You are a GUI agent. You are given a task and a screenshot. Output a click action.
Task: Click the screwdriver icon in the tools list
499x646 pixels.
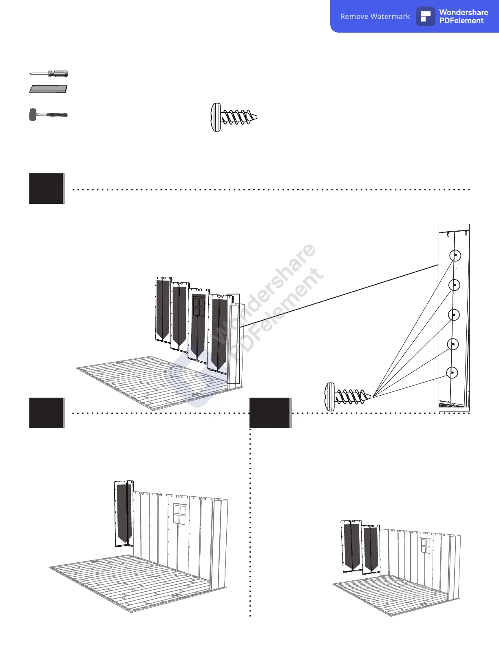pos(49,74)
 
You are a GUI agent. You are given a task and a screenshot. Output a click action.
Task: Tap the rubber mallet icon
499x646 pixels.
pos(48,115)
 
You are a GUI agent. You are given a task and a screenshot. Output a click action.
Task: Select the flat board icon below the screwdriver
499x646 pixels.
pos(48,88)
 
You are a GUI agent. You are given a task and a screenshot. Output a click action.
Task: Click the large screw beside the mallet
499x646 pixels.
pos(234,117)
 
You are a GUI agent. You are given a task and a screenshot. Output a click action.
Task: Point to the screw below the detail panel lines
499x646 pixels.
pos(348,396)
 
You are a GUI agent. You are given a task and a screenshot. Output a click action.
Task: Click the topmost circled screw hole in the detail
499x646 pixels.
pos(455,256)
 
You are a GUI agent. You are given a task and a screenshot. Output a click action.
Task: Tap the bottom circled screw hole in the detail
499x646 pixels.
pos(452,373)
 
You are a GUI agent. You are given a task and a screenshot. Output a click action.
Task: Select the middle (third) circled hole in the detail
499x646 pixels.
pos(454,315)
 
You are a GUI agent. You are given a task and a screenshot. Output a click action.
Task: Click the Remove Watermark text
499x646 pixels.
pos(375,17)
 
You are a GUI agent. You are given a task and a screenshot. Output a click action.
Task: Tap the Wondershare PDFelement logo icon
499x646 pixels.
pos(426,17)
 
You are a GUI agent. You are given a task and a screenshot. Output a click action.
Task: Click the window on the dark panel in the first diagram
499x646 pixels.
pos(199,306)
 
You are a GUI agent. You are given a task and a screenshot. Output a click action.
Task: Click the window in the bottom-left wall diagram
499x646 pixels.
pos(179,514)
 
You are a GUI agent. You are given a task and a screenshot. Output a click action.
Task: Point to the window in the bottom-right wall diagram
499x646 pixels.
pos(426,546)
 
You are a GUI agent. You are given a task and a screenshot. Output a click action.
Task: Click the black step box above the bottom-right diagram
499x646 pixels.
pos(270,413)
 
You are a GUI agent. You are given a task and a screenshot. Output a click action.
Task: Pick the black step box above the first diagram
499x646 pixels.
pos(46,188)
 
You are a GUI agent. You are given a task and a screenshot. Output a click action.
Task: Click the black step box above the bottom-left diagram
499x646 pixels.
pos(46,413)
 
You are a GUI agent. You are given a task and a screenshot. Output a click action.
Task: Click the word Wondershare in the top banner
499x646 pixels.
pos(464,12)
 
